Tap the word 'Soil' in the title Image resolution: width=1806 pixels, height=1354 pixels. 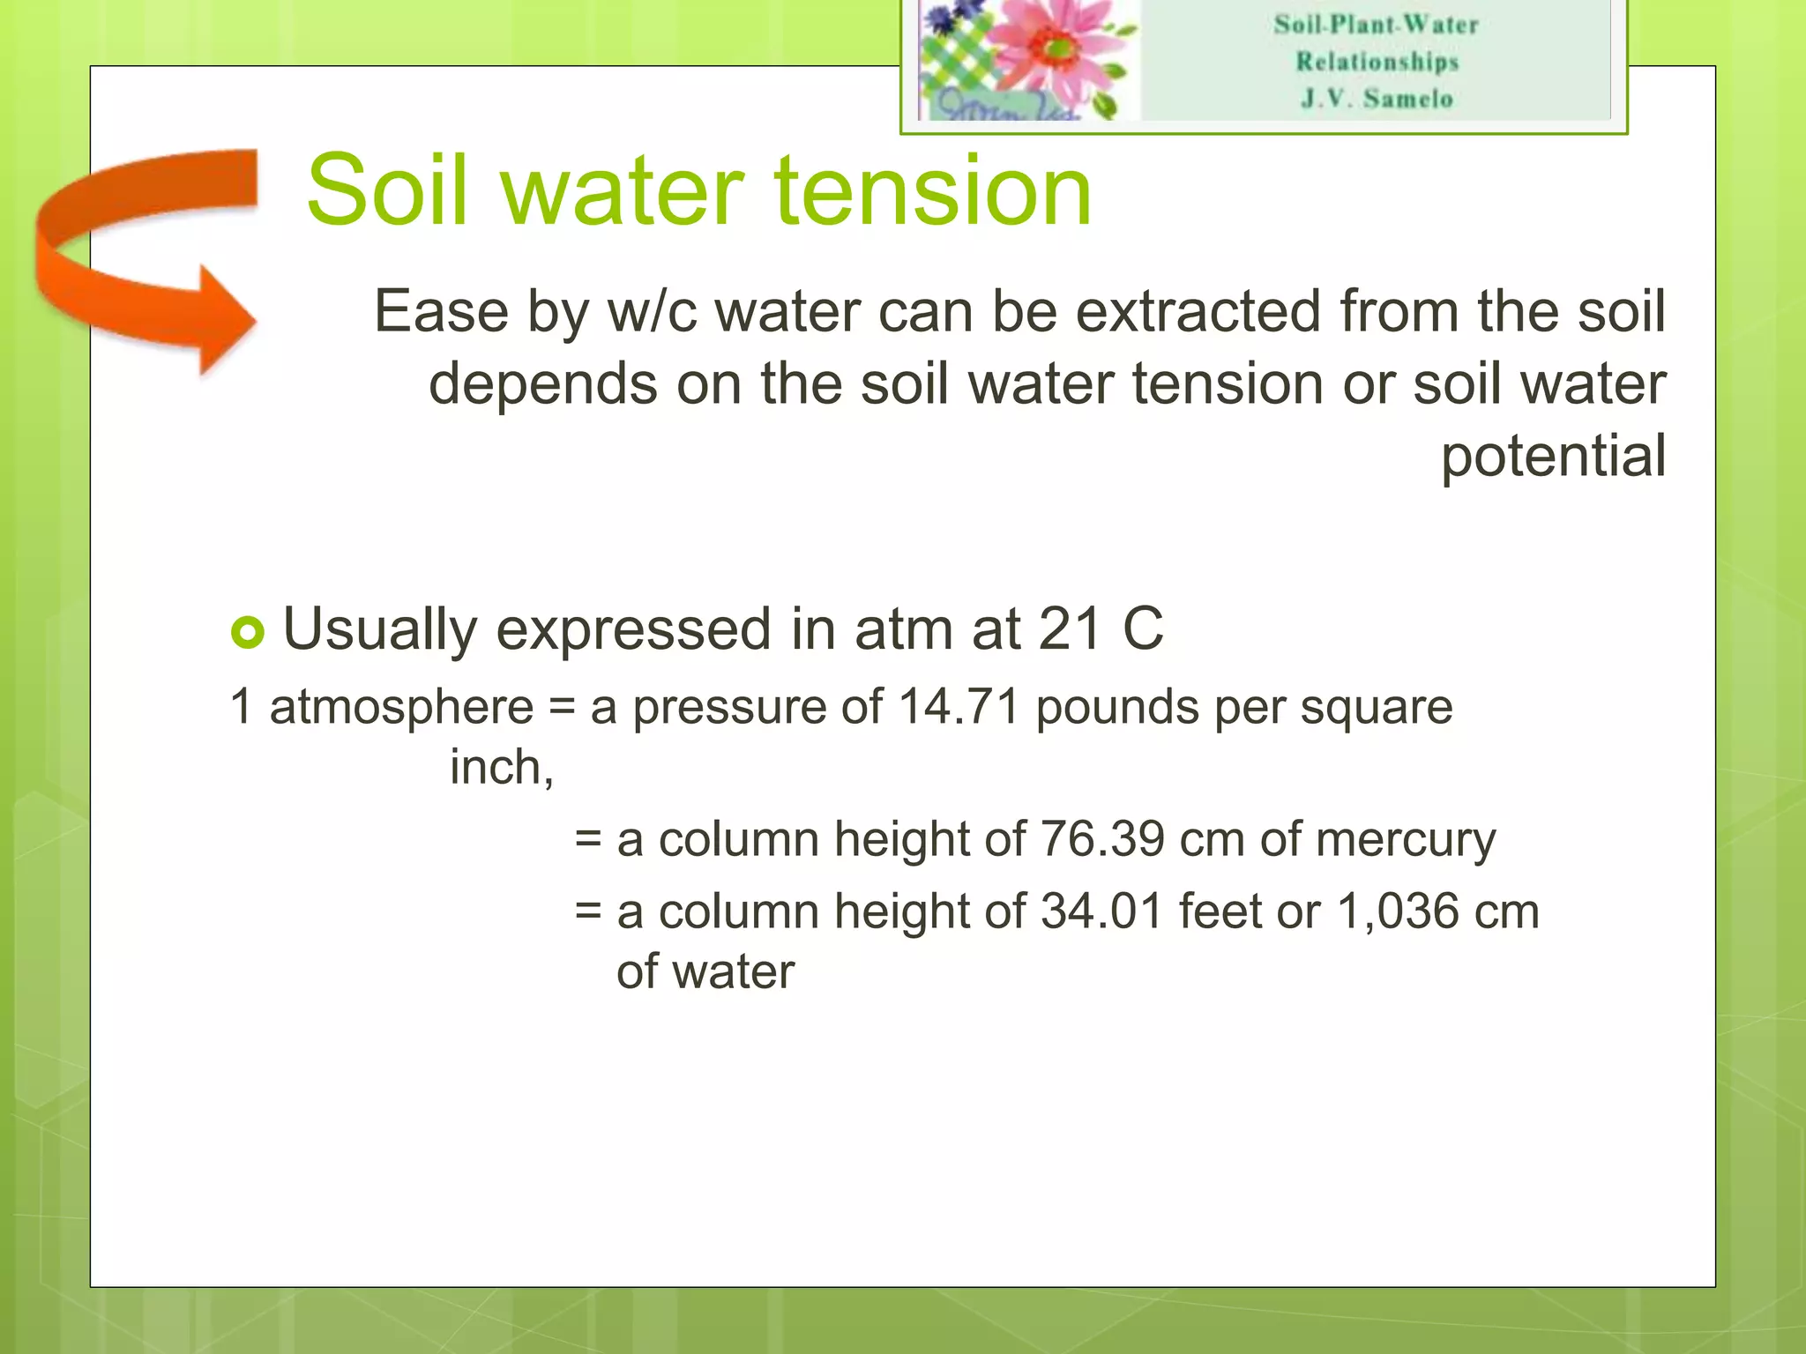(386, 190)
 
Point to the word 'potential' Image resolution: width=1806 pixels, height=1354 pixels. (1553, 456)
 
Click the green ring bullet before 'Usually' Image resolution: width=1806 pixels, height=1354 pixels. (248, 632)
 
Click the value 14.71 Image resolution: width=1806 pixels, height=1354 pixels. (959, 707)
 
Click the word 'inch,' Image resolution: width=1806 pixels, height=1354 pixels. (502, 767)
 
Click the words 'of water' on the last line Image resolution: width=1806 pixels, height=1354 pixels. (705, 971)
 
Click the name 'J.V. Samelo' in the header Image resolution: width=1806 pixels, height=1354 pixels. (1377, 98)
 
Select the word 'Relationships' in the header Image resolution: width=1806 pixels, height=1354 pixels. (1377, 62)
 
